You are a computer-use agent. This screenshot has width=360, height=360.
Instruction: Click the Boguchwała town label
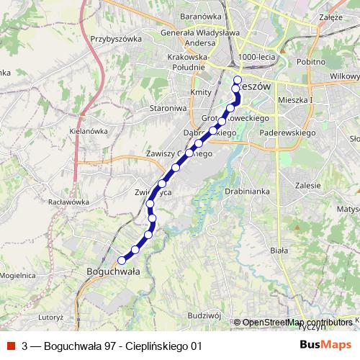(112, 271)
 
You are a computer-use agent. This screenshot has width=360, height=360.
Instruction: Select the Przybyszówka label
(114, 39)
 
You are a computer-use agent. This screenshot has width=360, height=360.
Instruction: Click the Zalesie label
(307, 185)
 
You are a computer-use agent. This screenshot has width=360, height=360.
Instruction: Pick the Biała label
(278, 250)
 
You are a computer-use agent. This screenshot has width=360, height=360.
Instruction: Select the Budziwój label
(202, 315)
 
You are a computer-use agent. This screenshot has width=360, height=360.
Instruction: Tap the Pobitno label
(310, 63)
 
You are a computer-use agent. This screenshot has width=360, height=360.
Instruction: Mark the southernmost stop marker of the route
(122, 260)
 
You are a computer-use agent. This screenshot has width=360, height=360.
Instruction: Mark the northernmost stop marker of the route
(238, 80)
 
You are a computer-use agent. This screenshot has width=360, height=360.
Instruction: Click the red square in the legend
(12, 346)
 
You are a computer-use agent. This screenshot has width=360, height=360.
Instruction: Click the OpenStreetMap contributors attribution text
(298, 322)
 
